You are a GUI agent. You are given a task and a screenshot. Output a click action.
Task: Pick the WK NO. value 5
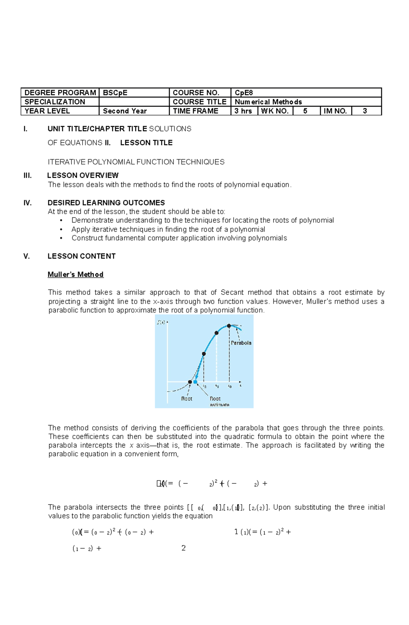pyautogui.click(x=305, y=111)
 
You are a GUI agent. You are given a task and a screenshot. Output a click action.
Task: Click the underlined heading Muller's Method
pyautogui.click(x=75, y=275)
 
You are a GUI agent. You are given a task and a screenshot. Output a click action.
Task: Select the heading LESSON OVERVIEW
pyautogui.click(x=83, y=175)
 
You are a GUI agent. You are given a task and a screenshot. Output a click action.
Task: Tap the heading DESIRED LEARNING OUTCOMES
pyautogui.click(x=106, y=203)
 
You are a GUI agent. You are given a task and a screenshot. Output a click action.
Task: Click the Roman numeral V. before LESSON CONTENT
pyautogui.click(x=27, y=256)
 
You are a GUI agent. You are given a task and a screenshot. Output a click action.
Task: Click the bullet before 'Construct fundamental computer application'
pyautogui.click(x=61, y=238)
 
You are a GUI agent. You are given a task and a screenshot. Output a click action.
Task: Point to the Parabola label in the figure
pyautogui.click(x=241, y=343)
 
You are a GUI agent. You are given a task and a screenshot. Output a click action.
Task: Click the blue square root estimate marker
pyautogui.click(x=195, y=382)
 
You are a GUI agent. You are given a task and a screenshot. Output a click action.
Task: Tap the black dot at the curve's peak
pyautogui.click(x=229, y=326)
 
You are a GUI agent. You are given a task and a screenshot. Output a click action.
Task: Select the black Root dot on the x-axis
pyautogui.click(x=190, y=382)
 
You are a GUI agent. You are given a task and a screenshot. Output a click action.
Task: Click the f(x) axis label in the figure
pyautogui.click(x=161, y=322)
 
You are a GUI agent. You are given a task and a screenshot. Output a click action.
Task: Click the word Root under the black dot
pyautogui.click(x=186, y=399)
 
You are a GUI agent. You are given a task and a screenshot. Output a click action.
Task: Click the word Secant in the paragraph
pyautogui.click(x=232, y=292)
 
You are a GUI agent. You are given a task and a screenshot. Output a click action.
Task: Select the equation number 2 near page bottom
pyautogui.click(x=183, y=548)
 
